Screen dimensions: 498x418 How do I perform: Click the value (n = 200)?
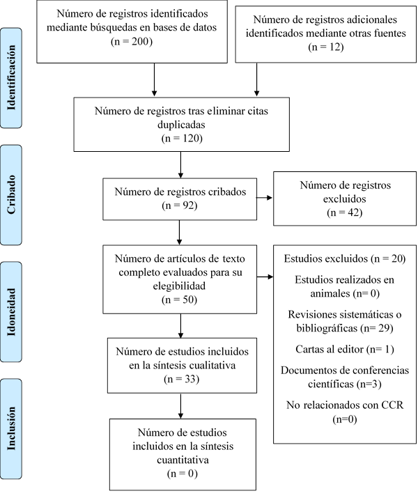click(x=132, y=41)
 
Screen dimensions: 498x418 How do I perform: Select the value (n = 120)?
click(x=181, y=138)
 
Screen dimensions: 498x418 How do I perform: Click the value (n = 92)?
click(x=179, y=205)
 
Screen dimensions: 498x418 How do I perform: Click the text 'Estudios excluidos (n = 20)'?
click(x=344, y=259)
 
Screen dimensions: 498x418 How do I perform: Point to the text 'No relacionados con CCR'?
click(x=344, y=405)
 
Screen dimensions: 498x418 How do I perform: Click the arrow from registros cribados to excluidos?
click(x=264, y=199)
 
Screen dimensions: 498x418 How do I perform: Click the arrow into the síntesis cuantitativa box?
click(x=181, y=405)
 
